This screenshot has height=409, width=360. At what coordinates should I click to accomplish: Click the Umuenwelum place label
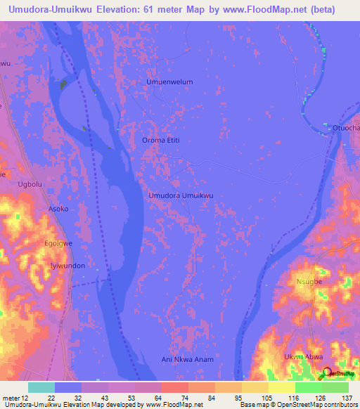coord(169,82)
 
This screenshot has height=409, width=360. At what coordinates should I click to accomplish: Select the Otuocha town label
coord(346,128)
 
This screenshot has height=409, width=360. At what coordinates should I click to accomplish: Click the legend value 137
coord(348,397)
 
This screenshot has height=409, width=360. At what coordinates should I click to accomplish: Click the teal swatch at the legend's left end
coord(41,387)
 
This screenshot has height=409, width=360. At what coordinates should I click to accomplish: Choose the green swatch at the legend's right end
coord(335,387)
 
